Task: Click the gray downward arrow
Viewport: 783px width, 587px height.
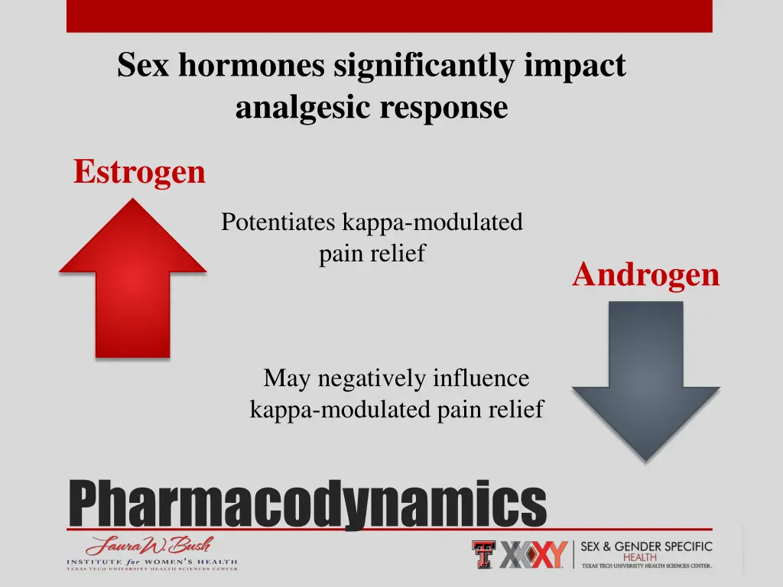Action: pyautogui.click(x=645, y=375)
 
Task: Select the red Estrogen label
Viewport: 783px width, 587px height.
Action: pyautogui.click(x=139, y=172)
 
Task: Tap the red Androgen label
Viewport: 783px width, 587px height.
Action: pyautogui.click(x=645, y=274)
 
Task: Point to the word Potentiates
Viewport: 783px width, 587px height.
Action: pyautogui.click(x=278, y=222)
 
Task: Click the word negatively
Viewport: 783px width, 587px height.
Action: pyautogui.click(x=373, y=378)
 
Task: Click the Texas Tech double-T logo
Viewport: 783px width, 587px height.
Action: pyautogui.click(x=483, y=554)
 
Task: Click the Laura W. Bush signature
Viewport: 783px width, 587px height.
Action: pyautogui.click(x=150, y=546)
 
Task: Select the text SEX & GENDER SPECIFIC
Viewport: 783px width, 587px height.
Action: pyautogui.click(x=646, y=546)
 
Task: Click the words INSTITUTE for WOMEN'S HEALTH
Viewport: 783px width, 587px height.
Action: pyautogui.click(x=151, y=563)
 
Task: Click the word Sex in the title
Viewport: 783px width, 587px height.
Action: pyautogui.click(x=145, y=66)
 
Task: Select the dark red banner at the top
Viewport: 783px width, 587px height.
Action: pyautogui.click(x=389, y=15)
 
